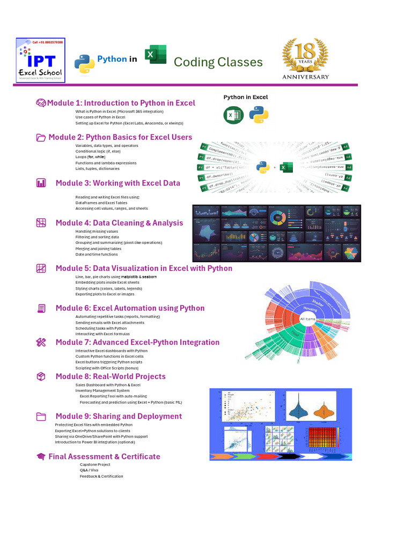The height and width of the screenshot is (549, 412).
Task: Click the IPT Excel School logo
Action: [x=40, y=60]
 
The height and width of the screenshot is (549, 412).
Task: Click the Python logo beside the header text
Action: [x=84, y=63]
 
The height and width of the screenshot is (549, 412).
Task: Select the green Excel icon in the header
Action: [x=156, y=55]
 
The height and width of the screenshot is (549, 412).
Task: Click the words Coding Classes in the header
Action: [x=218, y=62]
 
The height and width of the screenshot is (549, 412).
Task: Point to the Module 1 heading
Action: [x=121, y=103]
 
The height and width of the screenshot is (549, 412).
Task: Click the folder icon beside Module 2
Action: [x=41, y=137]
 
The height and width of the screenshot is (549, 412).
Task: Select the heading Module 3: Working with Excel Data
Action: [x=118, y=183]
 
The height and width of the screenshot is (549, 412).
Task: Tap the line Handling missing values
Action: [x=97, y=231]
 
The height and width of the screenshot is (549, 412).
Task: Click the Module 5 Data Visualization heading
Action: [x=144, y=268]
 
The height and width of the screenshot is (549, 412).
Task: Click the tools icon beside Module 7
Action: [x=41, y=342]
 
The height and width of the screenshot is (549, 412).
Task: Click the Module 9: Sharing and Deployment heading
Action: [x=119, y=416]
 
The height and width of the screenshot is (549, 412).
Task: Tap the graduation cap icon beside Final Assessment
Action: [x=41, y=457]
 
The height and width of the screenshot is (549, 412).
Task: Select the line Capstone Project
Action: [x=95, y=464]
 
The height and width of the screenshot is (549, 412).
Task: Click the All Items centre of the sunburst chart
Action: [x=307, y=318]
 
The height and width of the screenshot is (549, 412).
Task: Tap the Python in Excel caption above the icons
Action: [x=246, y=97]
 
